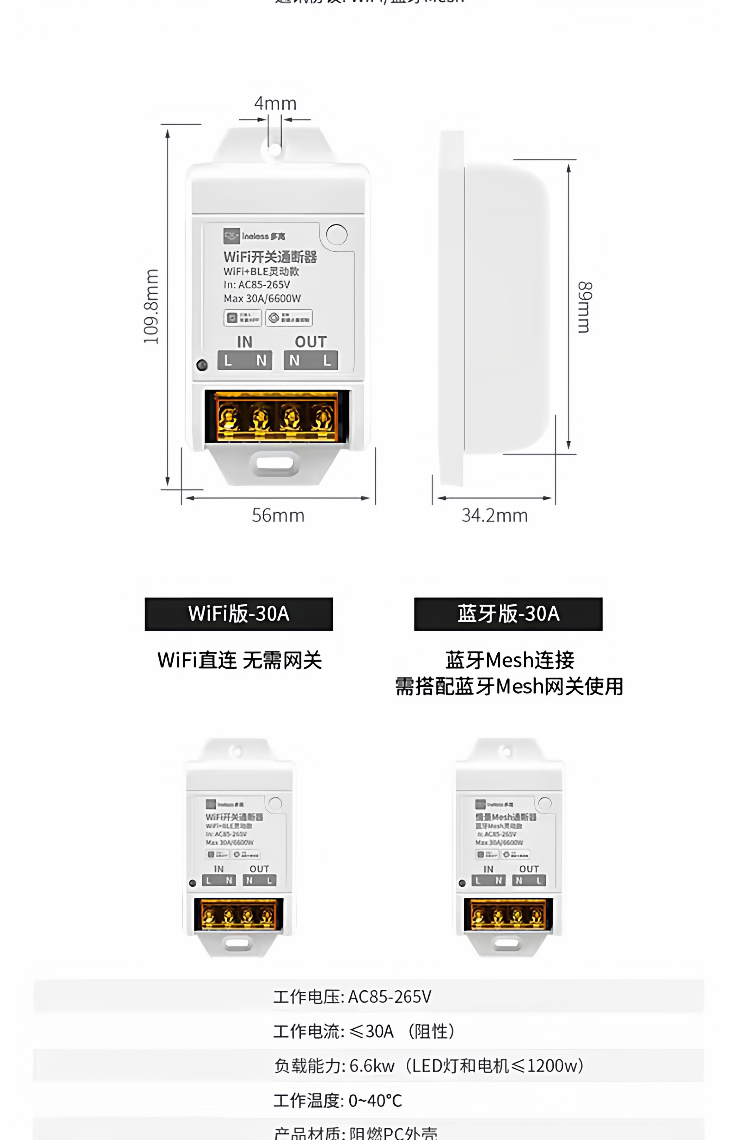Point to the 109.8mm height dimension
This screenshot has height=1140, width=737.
click(151, 306)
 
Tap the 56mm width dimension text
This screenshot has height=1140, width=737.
click(278, 515)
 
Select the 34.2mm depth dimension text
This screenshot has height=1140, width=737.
click(494, 515)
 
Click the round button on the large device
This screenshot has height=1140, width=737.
click(336, 234)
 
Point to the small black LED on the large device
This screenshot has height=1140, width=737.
click(202, 365)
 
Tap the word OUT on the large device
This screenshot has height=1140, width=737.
click(311, 342)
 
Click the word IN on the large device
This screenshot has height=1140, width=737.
click(245, 342)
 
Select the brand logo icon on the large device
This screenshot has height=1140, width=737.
click(232, 236)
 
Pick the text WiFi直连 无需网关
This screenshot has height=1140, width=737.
click(239, 660)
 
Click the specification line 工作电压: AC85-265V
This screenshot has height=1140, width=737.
click(352, 996)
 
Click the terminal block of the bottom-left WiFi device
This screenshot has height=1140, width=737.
click(238, 915)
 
